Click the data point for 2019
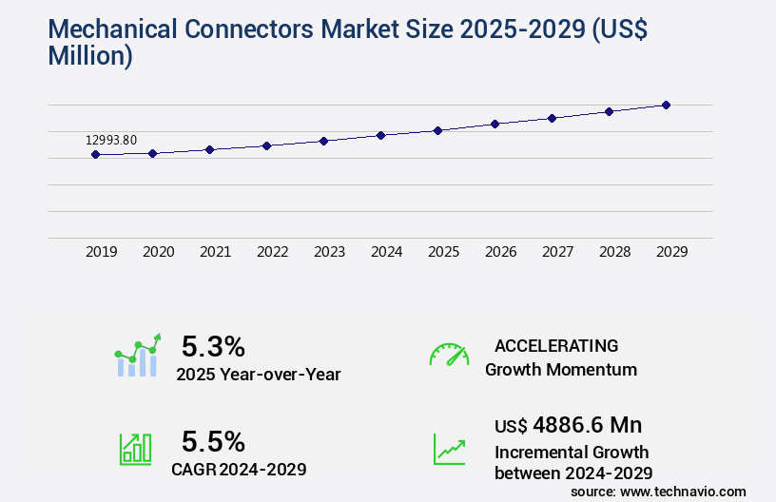click(95, 154)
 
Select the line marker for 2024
click(380, 135)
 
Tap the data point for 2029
click(666, 105)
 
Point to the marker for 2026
click(495, 124)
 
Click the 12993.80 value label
click(111, 140)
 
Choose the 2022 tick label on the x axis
click(272, 252)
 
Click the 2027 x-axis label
click(557, 252)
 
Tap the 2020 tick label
click(158, 252)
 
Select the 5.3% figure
click(213, 345)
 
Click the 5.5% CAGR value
click(213, 441)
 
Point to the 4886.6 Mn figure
click(580, 424)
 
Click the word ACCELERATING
click(556, 345)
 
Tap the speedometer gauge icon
click(449, 354)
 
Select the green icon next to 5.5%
click(135, 449)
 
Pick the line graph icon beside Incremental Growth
click(449, 449)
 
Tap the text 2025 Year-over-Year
click(258, 375)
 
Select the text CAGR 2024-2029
click(239, 469)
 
